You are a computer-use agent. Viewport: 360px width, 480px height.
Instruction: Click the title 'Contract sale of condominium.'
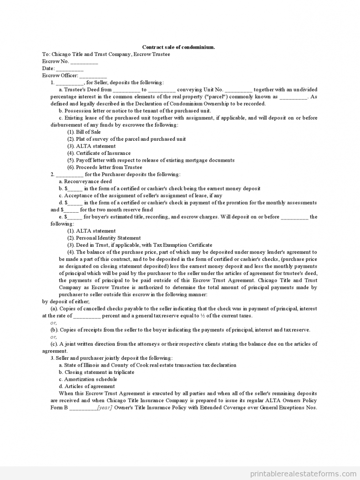tap(178, 47)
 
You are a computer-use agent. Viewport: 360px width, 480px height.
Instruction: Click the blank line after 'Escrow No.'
tap(84, 61)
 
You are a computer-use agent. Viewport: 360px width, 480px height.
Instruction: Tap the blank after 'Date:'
tap(70, 69)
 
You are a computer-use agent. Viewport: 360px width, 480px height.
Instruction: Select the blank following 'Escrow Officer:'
tap(93, 76)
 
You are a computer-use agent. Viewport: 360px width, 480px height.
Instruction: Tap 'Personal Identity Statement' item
tap(108, 238)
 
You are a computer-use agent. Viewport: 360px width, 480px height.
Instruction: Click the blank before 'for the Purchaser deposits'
tap(70, 174)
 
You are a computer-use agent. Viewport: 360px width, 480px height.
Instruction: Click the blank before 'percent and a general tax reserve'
tap(86, 316)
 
